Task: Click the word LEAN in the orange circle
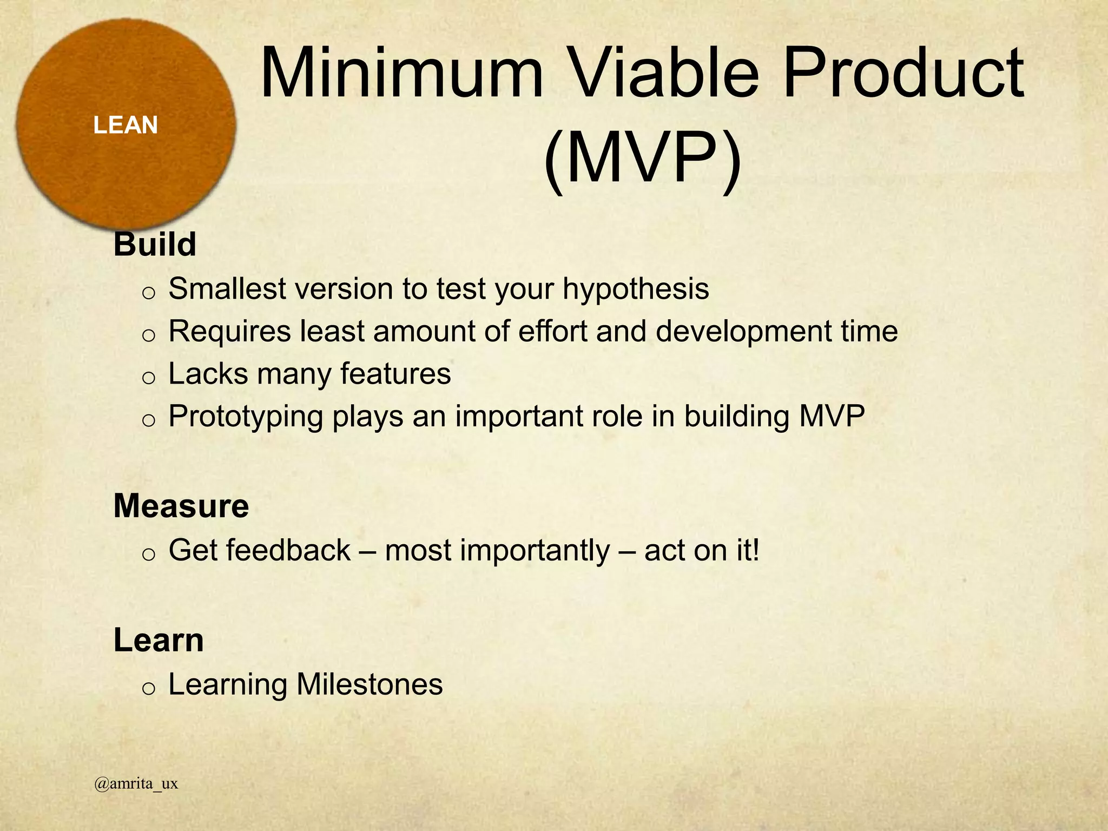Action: click(x=126, y=125)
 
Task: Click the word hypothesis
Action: click(x=636, y=289)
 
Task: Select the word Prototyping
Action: click(x=246, y=417)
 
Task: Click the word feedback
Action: click(x=288, y=550)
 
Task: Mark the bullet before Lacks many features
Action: click(x=148, y=378)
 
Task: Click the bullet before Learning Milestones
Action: click(x=148, y=688)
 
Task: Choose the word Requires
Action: click(x=229, y=331)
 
